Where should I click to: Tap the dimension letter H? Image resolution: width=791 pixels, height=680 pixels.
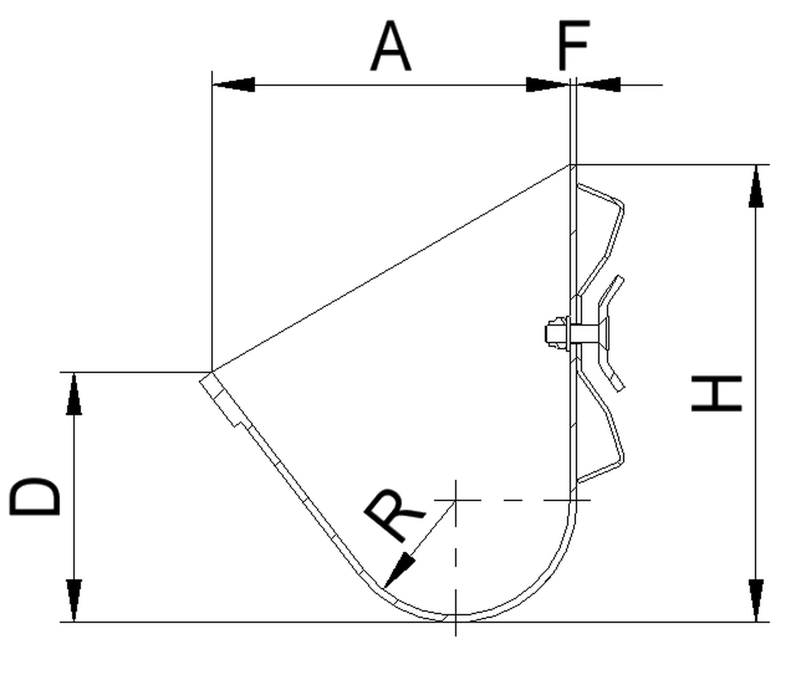pyautogui.click(x=717, y=393)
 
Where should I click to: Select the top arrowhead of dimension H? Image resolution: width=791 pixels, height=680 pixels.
pyautogui.click(x=756, y=187)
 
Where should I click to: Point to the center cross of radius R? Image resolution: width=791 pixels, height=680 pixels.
pyautogui.click(x=456, y=499)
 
